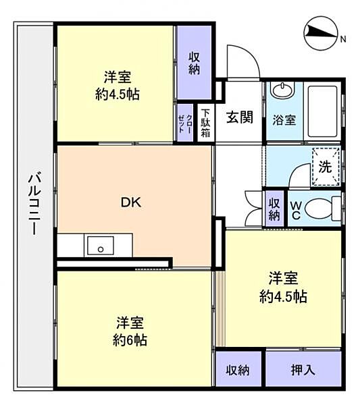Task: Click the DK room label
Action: click(131, 201)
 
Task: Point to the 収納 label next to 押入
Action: click(238, 370)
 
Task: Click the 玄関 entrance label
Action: click(239, 117)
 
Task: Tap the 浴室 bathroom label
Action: click(284, 120)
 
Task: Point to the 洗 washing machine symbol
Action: click(326, 166)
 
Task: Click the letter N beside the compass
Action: click(342, 40)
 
